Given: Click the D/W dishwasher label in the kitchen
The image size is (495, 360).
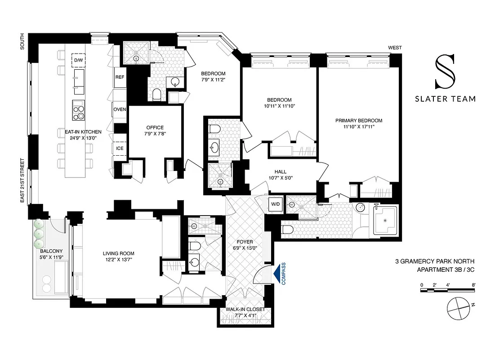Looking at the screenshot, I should (79, 60).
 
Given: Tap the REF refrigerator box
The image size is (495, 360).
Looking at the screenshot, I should (120, 77).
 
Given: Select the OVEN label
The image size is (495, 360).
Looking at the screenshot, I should (120, 109).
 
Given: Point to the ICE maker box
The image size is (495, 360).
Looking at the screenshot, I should (120, 148).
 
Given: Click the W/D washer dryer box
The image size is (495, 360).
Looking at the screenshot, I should (275, 204).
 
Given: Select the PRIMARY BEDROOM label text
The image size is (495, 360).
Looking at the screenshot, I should (358, 121).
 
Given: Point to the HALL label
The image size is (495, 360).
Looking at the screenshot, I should (281, 171).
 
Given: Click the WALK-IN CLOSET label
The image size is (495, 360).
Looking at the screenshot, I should (245, 310).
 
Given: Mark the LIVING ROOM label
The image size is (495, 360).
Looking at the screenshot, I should (118, 253).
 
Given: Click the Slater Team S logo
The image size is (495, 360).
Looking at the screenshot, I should (445, 72).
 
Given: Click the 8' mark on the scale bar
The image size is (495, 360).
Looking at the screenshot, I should (474, 284).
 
